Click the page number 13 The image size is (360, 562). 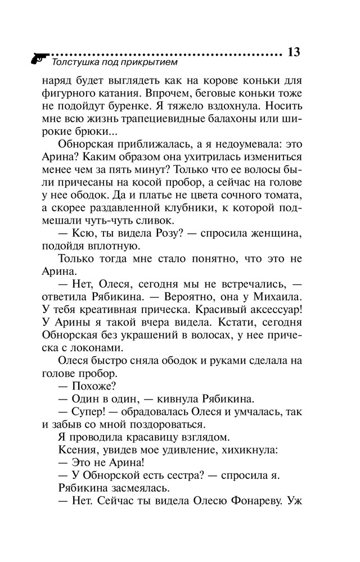coord(294,52)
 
